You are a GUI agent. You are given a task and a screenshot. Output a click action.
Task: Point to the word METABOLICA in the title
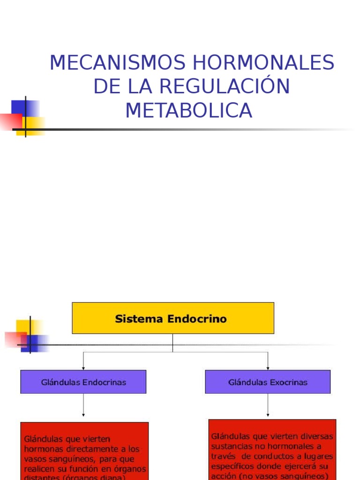188,111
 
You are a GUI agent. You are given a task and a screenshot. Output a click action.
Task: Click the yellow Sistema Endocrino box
172,318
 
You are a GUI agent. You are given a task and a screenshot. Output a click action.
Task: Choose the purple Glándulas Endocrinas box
83,382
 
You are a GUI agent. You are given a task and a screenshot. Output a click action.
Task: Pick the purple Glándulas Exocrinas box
268,382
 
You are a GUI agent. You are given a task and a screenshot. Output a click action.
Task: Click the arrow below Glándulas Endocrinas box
83,405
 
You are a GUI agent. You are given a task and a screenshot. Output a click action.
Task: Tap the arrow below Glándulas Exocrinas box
268,405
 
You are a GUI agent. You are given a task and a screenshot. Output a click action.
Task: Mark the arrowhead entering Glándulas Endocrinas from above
83,367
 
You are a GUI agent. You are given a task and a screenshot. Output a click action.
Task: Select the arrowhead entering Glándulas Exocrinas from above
268,367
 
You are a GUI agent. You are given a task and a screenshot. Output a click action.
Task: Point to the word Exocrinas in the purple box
288,382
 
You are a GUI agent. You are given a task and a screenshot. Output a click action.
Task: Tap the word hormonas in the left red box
42,449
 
